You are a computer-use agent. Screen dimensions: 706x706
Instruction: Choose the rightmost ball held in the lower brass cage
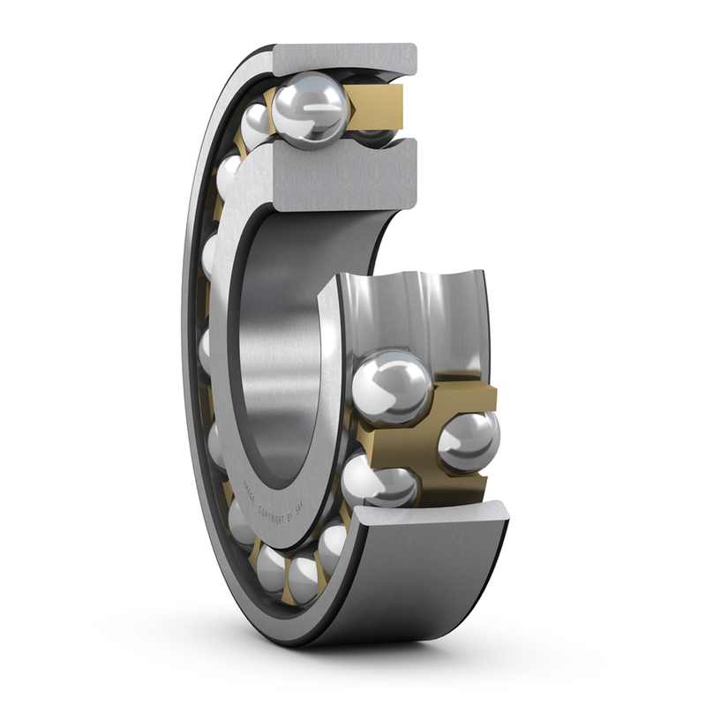coord(468,440)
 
